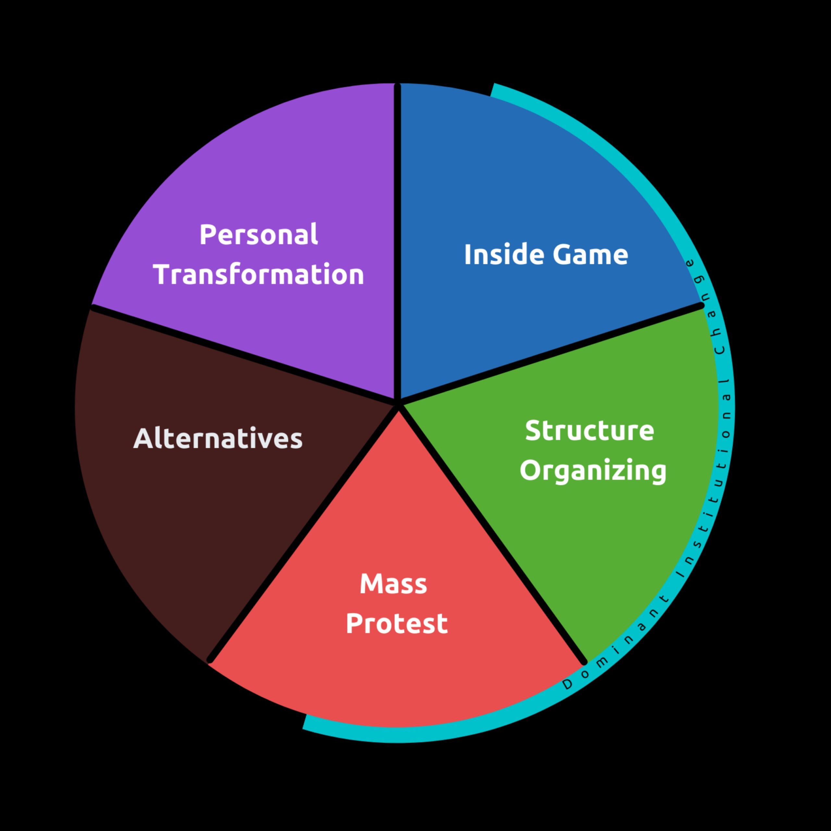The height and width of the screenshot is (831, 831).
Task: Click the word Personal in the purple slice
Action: click(x=258, y=235)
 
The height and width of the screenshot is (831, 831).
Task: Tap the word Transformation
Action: click(x=258, y=274)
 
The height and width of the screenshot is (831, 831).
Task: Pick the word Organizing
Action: click(x=593, y=471)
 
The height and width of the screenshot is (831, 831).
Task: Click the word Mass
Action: click(x=393, y=584)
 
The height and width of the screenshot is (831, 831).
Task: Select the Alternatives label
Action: click(x=218, y=439)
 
